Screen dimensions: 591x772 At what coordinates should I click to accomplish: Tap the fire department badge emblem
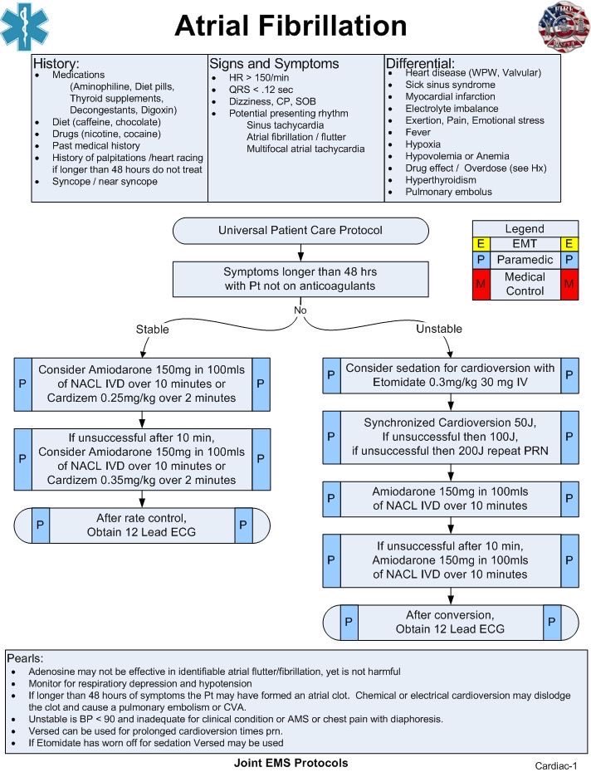tap(564, 26)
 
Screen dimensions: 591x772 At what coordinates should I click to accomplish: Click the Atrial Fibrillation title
tap(291, 26)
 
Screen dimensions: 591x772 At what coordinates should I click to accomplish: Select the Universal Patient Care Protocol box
tap(300, 231)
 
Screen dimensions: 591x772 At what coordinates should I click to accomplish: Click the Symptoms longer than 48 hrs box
tap(300, 279)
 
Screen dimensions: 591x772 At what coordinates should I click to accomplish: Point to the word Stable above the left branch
tap(152, 330)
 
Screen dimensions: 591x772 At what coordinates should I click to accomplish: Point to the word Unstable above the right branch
tap(439, 329)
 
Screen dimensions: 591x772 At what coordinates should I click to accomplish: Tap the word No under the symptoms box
tap(300, 310)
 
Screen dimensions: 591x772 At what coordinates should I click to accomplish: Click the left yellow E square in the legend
tap(481, 244)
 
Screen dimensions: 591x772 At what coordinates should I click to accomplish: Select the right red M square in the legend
tap(569, 284)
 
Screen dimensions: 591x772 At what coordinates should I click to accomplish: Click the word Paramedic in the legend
tap(525, 260)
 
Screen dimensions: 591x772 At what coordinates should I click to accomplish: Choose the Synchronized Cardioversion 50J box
tap(450, 437)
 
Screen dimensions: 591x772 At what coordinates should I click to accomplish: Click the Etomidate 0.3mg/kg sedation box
tap(450, 375)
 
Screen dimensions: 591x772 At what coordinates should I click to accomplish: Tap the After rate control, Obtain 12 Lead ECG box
tap(142, 525)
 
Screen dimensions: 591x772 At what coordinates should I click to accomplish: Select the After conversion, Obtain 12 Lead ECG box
tap(450, 623)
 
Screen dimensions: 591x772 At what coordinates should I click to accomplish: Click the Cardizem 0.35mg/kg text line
tap(141, 480)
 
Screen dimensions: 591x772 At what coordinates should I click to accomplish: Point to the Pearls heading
tap(25, 658)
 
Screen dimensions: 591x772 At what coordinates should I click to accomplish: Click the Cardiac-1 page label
tap(555, 765)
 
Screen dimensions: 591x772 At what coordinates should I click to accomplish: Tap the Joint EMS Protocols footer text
tap(291, 763)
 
